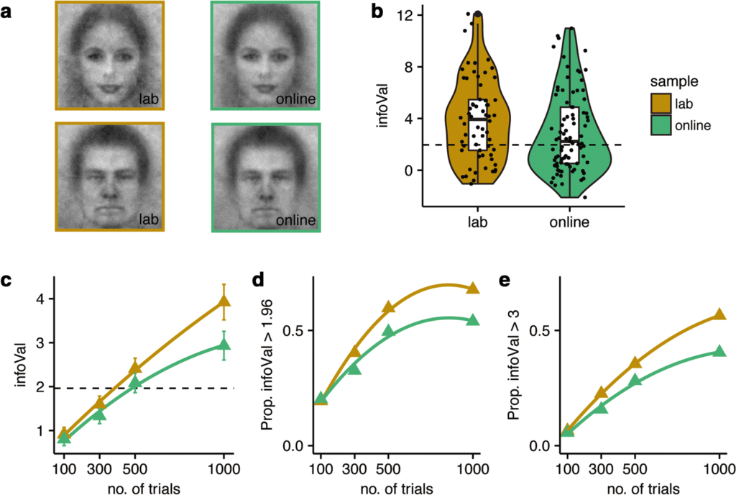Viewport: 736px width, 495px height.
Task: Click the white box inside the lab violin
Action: (477, 124)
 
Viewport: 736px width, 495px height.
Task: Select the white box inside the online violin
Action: (569, 135)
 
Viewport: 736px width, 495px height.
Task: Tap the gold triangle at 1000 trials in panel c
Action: (224, 301)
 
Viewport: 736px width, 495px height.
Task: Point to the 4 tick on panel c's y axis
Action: (39, 299)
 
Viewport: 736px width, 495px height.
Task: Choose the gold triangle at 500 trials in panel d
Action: (388, 308)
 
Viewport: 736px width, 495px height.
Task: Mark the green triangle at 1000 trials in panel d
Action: (472, 319)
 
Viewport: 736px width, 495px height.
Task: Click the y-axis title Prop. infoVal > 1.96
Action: (270, 364)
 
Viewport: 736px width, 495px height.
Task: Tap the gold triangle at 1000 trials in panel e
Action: (719, 314)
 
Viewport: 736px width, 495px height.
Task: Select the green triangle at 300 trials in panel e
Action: (602, 408)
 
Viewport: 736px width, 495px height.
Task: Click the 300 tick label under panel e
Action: (602, 468)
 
